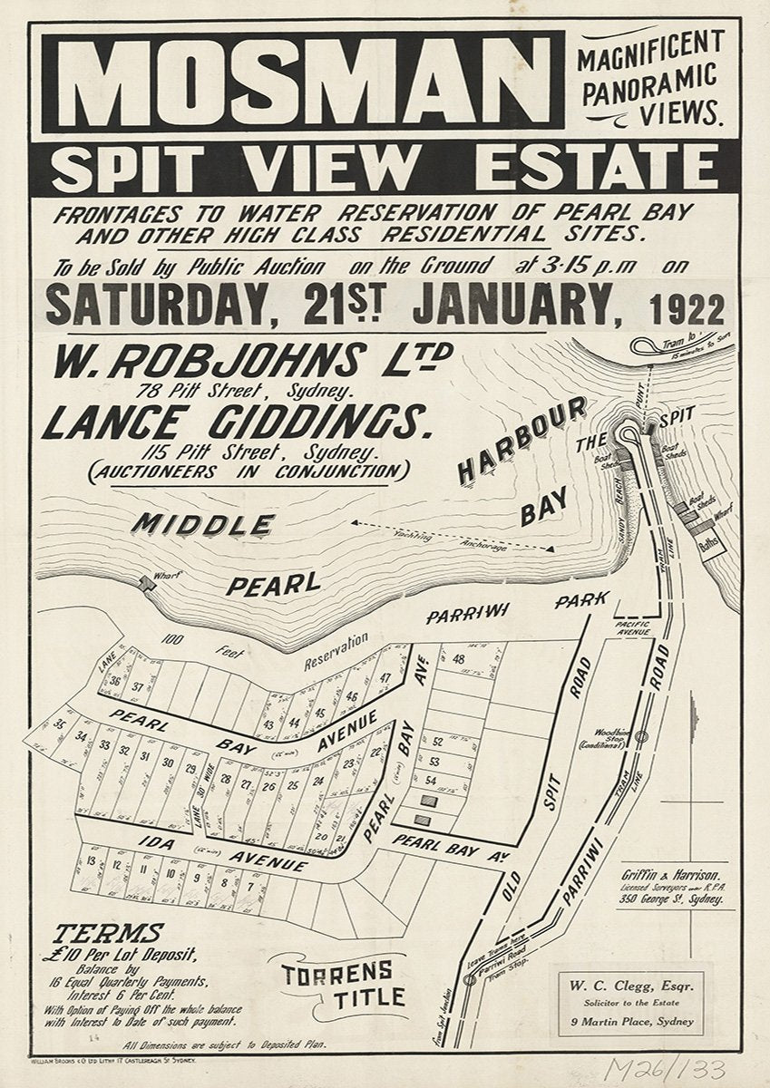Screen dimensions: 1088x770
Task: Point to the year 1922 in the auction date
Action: point(686,309)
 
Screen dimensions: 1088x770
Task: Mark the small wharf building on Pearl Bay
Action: point(148,585)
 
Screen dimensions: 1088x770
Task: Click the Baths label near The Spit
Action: point(709,546)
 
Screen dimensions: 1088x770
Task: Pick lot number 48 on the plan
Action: point(458,659)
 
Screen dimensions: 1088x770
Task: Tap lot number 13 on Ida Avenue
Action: point(92,860)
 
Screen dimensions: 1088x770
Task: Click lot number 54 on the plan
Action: point(431,781)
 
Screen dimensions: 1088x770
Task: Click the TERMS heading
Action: point(109,933)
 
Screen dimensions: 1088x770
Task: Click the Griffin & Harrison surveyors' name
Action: point(671,875)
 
